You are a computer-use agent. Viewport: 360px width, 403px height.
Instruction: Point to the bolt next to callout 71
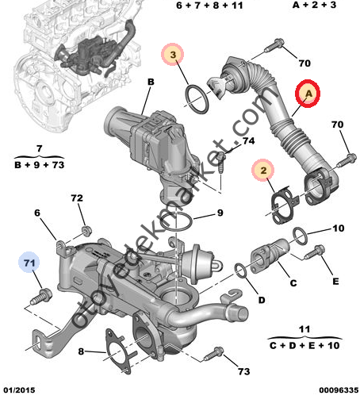pyautogui.click(x=37, y=299)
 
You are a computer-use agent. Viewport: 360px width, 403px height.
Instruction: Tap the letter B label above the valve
pyautogui.click(x=151, y=80)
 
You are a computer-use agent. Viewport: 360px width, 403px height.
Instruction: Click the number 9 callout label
pyautogui.click(x=220, y=213)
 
